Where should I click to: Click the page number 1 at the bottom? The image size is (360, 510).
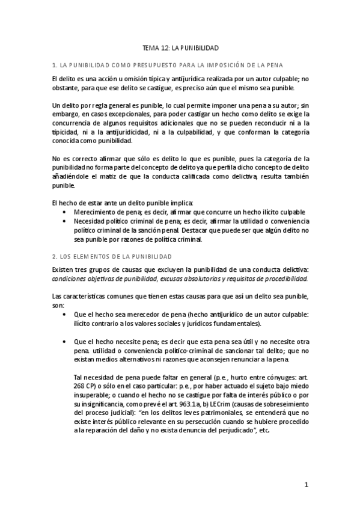306,484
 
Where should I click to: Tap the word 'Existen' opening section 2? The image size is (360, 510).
63,269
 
